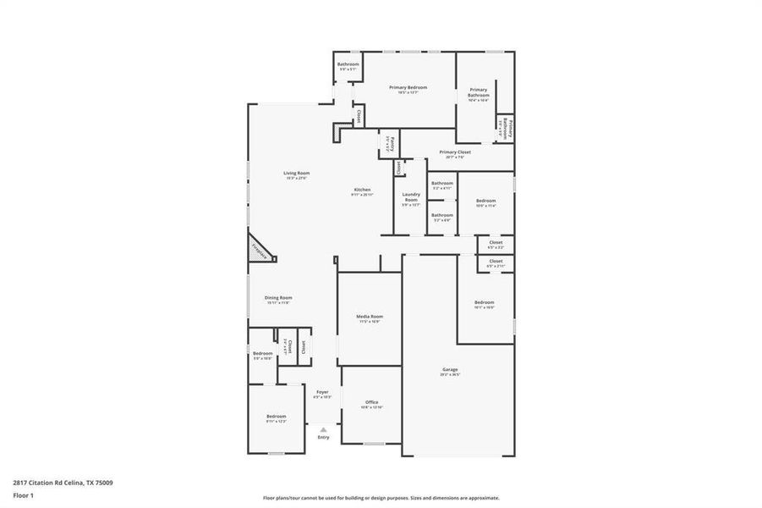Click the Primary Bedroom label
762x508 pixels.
click(408, 87)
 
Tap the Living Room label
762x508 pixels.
click(296, 174)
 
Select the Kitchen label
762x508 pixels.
click(362, 190)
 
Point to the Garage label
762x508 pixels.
click(450, 370)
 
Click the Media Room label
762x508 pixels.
click(370, 317)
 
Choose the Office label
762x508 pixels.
click(371, 402)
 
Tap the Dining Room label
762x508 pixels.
click(278, 298)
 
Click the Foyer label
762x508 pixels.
click(322, 392)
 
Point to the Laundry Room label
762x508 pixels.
click(410, 196)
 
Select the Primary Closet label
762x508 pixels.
click(455, 152)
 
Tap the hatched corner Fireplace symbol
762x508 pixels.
click(259, 251)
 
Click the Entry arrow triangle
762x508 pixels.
click(323, 430)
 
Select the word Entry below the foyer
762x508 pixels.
click(323, 438)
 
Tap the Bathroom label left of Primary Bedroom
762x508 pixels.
click(348, 64)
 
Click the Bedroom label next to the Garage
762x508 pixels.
click(484, 302)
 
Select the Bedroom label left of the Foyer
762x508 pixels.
click(277, 417)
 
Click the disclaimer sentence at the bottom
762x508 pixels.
click(381, 498)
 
